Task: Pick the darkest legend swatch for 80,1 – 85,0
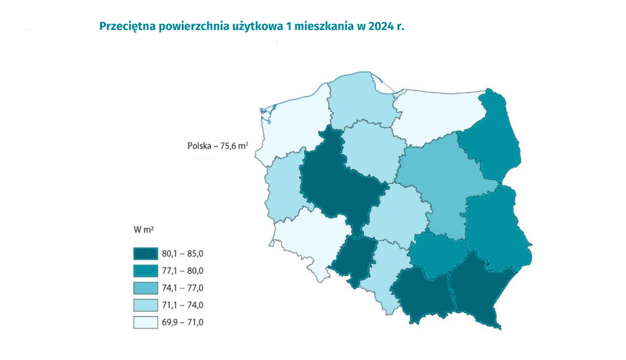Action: click(x=145, y=254)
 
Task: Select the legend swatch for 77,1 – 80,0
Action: click(x=145, y=271)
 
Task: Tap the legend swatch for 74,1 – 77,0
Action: click(x=145, y=288)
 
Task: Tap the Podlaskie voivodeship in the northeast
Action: click(x=492, y=140)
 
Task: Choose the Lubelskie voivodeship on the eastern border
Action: click(x=499, y=228)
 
